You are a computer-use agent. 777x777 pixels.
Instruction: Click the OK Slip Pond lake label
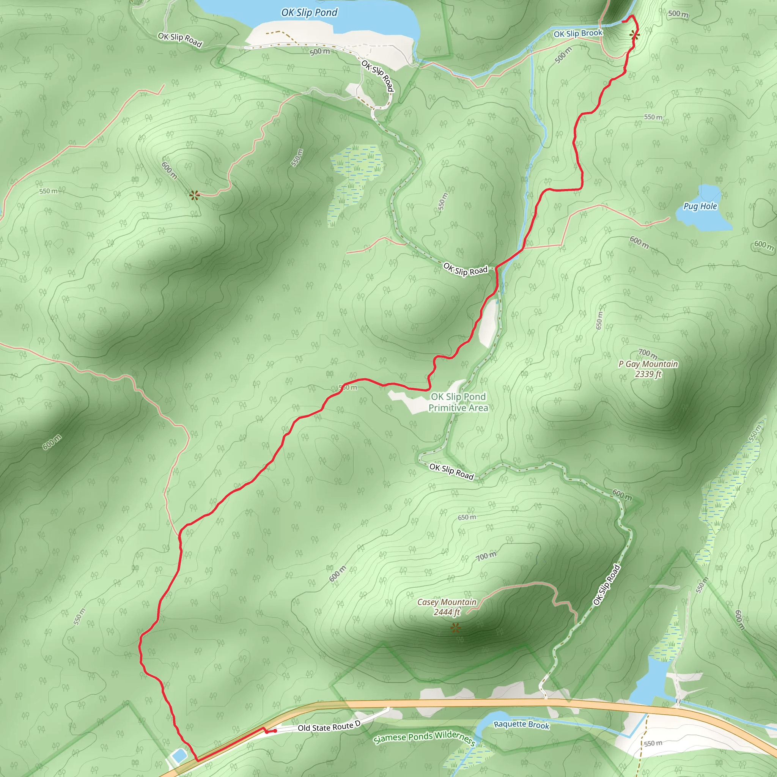(309, 13)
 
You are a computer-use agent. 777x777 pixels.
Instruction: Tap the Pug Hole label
(700, 206)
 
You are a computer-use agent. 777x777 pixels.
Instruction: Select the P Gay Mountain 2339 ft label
(648, 369)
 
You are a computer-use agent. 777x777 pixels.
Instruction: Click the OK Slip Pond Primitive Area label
(458, 402)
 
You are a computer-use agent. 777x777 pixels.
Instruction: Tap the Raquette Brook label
(521, 724)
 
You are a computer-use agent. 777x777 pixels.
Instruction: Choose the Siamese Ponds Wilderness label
(425, 737)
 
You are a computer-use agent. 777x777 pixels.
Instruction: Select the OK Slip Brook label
(578, 33)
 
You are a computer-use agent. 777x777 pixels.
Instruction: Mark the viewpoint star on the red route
(635, 35)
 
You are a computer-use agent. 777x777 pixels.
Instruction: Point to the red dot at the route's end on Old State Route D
(275, 731)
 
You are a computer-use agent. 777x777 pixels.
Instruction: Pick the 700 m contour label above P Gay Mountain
(648, 354)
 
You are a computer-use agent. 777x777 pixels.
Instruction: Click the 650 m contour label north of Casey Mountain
(467, 517)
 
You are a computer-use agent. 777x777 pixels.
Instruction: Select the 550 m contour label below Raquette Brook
(653, 743)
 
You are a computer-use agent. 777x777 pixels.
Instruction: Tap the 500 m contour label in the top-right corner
(678, 14)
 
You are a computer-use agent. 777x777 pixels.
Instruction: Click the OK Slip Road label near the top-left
(180, 39)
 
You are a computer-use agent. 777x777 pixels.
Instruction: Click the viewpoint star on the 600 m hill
(195, 195)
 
